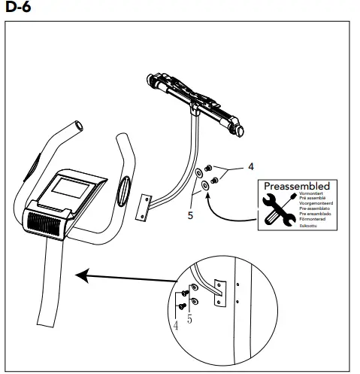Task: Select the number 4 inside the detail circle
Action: point(175,327)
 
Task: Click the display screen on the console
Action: point(63,188)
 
